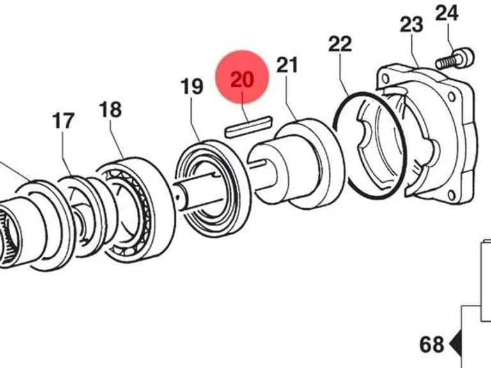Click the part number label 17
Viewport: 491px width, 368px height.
[63, 121]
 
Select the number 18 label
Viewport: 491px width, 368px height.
[110, 109]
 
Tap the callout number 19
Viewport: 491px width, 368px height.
[192, 86]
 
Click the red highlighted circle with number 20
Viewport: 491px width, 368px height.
[242, 77]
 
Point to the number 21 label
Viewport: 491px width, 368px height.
[287, 65]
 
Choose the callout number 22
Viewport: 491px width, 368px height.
[340, 44]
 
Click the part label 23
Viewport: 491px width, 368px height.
[412, 24]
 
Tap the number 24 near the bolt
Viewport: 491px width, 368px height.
[447, 13]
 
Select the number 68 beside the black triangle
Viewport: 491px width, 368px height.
[432, 344]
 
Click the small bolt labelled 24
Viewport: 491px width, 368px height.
[455, 59]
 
